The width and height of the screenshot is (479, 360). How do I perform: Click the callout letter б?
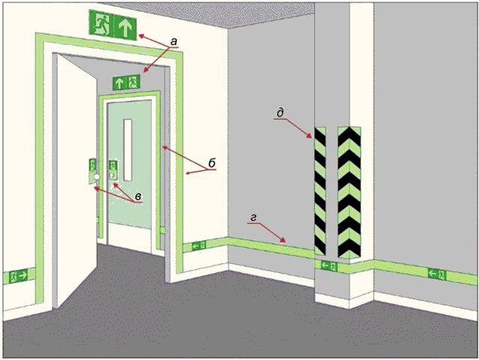tap(212, 163)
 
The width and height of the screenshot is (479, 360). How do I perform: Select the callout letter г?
tap(253, 218)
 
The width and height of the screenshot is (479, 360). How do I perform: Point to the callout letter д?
tap(280, 113)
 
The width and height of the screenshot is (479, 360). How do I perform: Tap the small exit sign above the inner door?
tap(126, 83)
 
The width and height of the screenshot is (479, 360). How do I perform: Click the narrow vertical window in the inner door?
tap(128, 150)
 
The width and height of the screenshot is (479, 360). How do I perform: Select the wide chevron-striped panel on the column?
tap(349, 192)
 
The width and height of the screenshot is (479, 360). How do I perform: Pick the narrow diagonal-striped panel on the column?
tap(320, 191)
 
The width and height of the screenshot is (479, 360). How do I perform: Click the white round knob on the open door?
tap(97, 177)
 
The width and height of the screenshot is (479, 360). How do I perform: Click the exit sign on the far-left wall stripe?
tap(19, 276)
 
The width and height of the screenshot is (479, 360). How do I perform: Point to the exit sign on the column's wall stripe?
tap(329, 266)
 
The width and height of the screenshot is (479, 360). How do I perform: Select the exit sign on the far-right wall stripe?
tap(437, 274)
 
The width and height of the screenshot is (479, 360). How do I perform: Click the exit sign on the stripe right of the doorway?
tap(199, 245)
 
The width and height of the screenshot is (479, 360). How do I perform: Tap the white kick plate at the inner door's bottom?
tap(129, 236)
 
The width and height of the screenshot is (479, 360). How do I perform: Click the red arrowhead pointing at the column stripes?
tap(311, 137)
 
